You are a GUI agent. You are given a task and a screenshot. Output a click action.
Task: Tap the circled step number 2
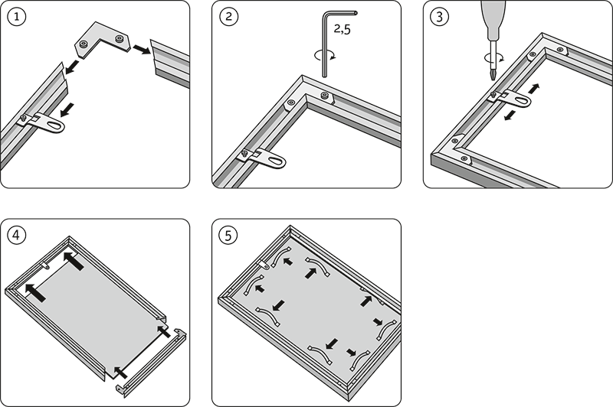(x=228, y=16)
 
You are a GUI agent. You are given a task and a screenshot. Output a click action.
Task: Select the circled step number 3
(x=439, y=16)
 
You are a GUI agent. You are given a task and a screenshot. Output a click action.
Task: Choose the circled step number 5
(x=228, y=235)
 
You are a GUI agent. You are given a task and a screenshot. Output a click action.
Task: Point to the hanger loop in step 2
(x=268, y=160)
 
